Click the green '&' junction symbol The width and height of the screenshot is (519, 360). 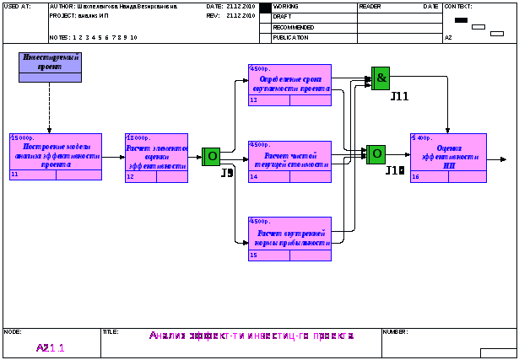click(381, 78)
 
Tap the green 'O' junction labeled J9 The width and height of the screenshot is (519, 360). click(211, 156)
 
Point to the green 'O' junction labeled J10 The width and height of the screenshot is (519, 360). click(376, 154)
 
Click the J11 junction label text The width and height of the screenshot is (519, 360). click(399, 97)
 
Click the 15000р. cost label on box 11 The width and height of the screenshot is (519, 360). click(23, 137)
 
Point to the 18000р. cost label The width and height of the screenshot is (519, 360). click(138, 137)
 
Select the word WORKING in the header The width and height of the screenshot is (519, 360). click(286, 6)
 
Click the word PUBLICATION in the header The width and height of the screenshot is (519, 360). click(291, 38)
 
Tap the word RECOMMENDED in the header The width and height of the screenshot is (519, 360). click(294, 27)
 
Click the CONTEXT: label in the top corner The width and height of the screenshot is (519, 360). click(457, 6)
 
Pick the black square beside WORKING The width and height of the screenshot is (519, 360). click(265, 8)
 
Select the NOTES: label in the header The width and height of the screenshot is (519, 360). click(60, 38)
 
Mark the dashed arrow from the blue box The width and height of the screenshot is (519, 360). click(50, 108)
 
